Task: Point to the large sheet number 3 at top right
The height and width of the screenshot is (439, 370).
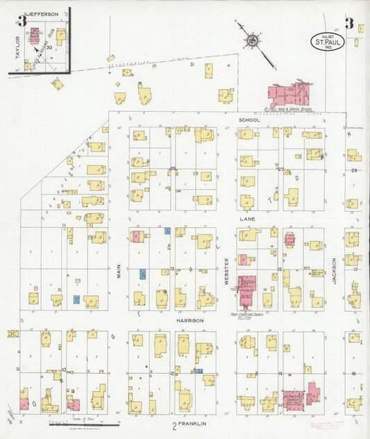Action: tap(350, 23)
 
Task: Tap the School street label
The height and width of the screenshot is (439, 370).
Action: tap(249, 120)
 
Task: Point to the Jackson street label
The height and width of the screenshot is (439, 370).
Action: tap(334, 271)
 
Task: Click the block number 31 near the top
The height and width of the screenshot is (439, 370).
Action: tap(192, 64)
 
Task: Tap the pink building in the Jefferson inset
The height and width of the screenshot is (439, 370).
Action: tap(34, 35)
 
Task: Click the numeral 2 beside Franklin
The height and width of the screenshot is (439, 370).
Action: tap(175, 423)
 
